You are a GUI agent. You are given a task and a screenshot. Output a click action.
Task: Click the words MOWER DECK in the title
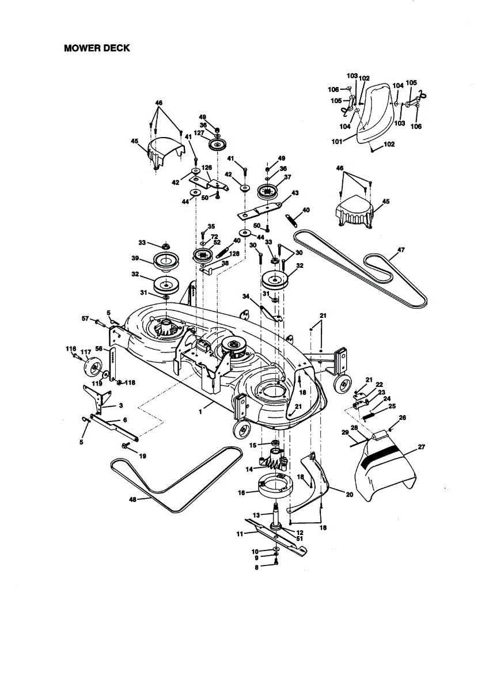click(x=97, y=48)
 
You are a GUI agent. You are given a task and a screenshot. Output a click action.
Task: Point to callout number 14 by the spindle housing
click(x=249, y=469)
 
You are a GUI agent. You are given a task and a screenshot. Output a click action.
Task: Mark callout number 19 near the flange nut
click(x=142, y=455)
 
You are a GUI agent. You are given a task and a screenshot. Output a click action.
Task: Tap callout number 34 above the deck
click(x=246, y=297)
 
